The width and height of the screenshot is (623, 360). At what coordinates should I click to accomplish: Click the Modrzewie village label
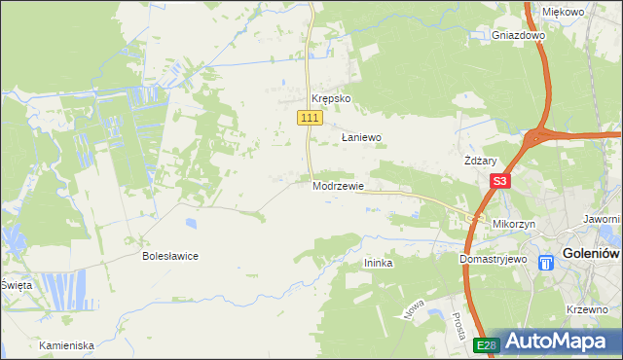coord(338,186)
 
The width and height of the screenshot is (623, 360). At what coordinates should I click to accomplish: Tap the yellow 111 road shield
coord(309,118)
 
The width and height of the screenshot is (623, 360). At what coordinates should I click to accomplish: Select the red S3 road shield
coord(500,181)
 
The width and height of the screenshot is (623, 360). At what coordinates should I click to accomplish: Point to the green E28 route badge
coord(487,345)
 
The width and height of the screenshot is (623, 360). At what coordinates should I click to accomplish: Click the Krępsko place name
coord(330,99)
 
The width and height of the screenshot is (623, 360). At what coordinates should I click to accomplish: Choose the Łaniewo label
coord(361,138)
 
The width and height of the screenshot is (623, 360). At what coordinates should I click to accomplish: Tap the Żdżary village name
coord(481,162)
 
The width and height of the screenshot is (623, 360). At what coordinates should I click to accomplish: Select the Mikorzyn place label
coord(515,224)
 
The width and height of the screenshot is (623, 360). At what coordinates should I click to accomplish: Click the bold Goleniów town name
coord(592,259)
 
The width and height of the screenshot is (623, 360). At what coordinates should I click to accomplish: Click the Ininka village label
coord(378,264)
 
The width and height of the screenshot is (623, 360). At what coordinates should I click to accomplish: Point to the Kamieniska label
coord(66,345)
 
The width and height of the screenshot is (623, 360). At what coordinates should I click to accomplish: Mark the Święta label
coord(16,285)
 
